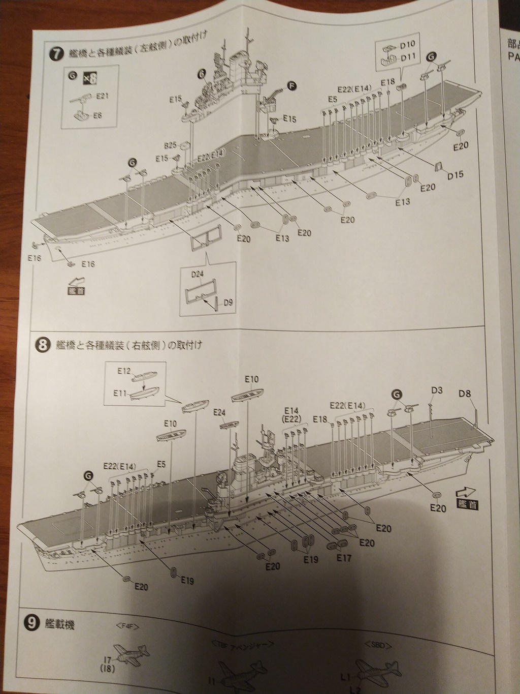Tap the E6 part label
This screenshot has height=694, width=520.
[x=97, y=115]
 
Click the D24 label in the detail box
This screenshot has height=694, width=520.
[x=198, y=275]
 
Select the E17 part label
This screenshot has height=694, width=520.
[x=344, y=558]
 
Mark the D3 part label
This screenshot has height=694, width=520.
[x=437, y=390]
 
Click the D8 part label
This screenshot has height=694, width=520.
[x=465, y=394]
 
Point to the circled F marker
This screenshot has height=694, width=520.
[x=291, y=86]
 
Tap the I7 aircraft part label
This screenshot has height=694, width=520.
[x=106, y=660]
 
